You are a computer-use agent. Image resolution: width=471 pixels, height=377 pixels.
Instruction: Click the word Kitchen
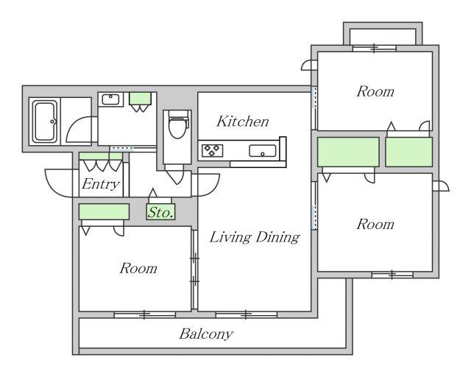(x=243, y=121)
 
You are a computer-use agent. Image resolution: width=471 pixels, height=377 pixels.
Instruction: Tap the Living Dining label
(x=255, y=237)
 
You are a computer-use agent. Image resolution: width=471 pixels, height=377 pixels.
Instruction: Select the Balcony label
(x=206, y=334)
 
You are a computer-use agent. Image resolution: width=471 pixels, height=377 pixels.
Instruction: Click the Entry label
(x=101, y=184)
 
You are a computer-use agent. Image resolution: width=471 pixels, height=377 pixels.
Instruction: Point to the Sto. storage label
(x=160, y=212)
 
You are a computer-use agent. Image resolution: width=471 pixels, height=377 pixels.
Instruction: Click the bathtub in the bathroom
(x=45, y=121)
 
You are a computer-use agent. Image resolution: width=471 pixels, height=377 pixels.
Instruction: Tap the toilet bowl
(x=177, y=125)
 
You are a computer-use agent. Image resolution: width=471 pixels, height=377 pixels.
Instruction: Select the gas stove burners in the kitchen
(x=213, y=151)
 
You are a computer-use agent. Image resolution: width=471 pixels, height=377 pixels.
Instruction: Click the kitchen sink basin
(x=263, y=151)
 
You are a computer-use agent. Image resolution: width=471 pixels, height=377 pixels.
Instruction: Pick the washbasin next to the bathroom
(x=110, y=99)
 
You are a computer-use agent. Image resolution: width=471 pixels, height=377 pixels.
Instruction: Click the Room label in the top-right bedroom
(x=375, y=91)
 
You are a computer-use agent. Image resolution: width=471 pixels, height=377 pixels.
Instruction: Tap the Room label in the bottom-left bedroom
(x=138, y=268)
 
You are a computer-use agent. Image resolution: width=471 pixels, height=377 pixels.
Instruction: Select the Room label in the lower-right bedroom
(x=375, y=225)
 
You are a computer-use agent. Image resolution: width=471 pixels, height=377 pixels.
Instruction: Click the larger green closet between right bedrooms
(x=348, y=152)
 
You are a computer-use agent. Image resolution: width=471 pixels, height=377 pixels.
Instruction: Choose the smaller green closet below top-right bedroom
(x=409, y=152)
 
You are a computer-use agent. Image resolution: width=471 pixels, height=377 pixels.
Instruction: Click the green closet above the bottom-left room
(x=104, y=211)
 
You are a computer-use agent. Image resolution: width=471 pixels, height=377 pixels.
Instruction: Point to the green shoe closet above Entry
(x=101, y=156)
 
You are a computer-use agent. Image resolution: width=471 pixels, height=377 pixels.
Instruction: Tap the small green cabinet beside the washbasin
(x=140, y=99)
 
